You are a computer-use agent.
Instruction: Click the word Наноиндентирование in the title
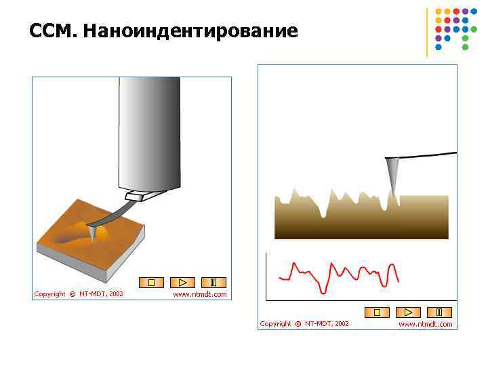pyautogui.click(x=190, y=31)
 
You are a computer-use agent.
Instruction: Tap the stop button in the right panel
pyautogui.click(x=377, y=312)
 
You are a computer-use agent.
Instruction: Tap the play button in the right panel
pyautogui.click(x=408, y=312)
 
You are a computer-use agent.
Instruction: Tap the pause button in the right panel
pyautogui.click(x=439, y=312)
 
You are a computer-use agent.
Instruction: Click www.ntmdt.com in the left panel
pyautogui.click(x=200, y=294)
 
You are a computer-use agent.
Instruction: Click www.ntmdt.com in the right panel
pyautogui.click(x=425, y=324)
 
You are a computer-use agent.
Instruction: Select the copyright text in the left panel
pyautogui.click(x=79, y=294)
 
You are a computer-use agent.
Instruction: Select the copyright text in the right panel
pyautogui.click(x=304, y=324)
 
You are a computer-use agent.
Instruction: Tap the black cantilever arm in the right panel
pyautogui.click(x=427, y=156)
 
